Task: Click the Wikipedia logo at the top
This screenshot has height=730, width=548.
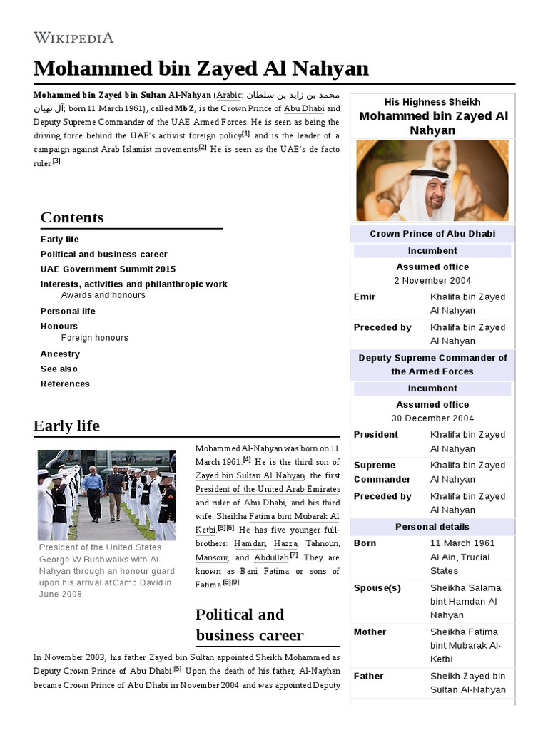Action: pyautogui.click(x=73, y=38)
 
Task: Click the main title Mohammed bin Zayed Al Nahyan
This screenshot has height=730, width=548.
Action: pyautogui.click(x=201, y=68)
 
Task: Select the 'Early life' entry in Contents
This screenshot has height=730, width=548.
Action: pyautogui.click(x=60, y=240)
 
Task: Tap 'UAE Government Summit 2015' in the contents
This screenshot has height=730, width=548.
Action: pyautogui.click(x=108, y=269)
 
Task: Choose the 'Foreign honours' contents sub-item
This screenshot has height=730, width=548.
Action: pyautogui.click(x=95, y=338)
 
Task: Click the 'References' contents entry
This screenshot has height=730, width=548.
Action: pyautogui.click(x=65, y=384)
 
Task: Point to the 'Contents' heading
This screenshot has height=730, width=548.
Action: pyautogui.click(x=72, y=217)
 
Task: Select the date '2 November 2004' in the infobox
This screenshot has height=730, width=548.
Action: pyautogui.click(x=432, y=281)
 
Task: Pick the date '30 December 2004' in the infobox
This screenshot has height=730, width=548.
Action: pyautogui.click(x=432, y=418)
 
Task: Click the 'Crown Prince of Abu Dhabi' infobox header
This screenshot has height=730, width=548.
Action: pyautogui.click(x=432, y=234)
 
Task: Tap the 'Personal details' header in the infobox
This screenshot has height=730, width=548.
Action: pyautogui.click(x=432, y=527)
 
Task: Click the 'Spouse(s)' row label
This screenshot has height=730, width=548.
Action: pyautogui.click(x=377, y=588)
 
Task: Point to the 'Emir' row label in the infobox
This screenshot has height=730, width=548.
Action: pyautogui.click(x=365, y=297)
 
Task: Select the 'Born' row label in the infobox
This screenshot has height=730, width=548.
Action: pyautogui.click(x=365, y=543)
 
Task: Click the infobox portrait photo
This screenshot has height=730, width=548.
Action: pyautogui.click(x=432, y=180)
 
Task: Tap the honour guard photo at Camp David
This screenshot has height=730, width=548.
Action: pyautogui.click(x=106, y=495)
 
